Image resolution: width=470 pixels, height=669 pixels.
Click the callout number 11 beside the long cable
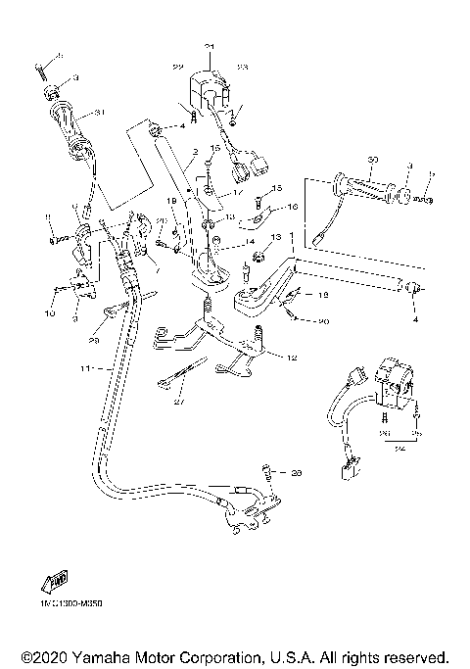(84, 370)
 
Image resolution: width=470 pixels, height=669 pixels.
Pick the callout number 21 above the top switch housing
(209, 46)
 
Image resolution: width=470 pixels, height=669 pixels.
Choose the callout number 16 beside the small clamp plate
(291, 207)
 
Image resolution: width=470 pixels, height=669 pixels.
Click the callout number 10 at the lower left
(51, 313)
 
